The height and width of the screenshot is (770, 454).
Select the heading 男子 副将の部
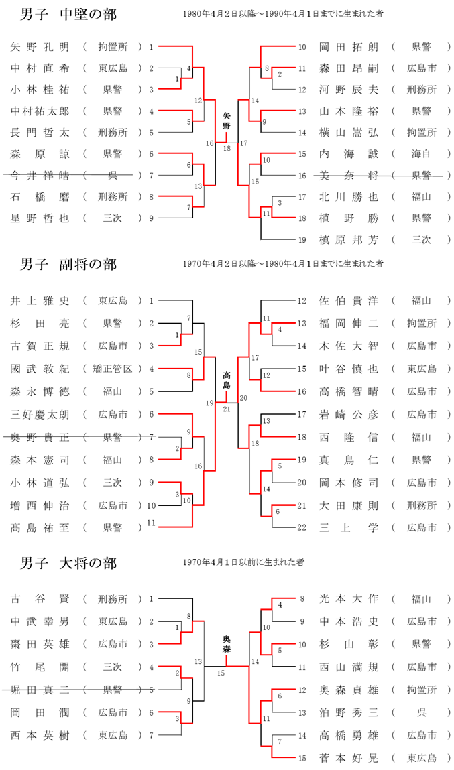tap(68, 265)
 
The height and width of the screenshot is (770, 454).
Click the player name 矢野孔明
tap(40, 47)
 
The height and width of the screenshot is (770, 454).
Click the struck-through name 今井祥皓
tap(40, 176)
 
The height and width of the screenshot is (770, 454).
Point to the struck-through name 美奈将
tap(349, 176)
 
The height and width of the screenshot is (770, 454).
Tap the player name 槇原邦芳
tap(349, 240)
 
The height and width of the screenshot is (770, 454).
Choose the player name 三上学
tap(349, 527)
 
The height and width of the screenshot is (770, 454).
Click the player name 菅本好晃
tap(349, 758)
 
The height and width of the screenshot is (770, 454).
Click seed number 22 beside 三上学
tap(302, 527)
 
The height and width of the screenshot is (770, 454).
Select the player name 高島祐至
tap(40, 527)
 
